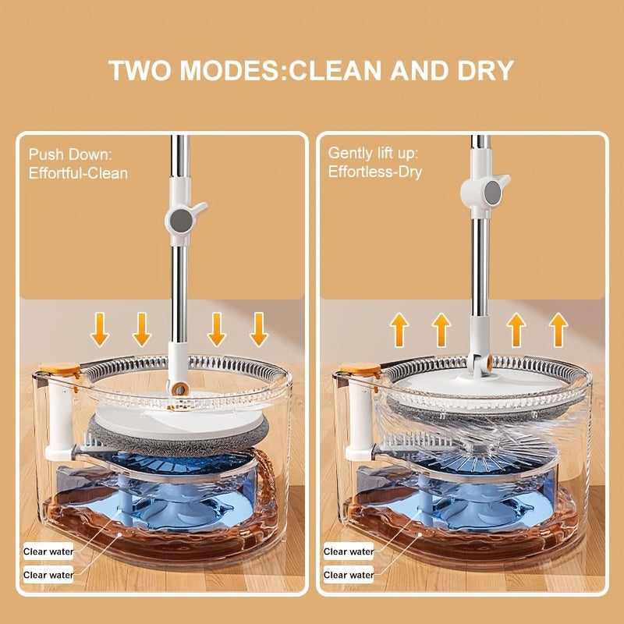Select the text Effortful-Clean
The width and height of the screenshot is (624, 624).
click(78, 172)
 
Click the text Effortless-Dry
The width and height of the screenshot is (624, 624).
click(375, 172)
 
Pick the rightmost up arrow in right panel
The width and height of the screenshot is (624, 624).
click(558, 330)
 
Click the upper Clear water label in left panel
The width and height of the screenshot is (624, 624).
click(48, 551)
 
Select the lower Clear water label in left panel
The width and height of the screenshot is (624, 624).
click(48, 575)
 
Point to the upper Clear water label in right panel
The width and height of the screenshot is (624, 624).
click(348, 551)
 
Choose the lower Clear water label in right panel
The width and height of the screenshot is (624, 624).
click(348, 575)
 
